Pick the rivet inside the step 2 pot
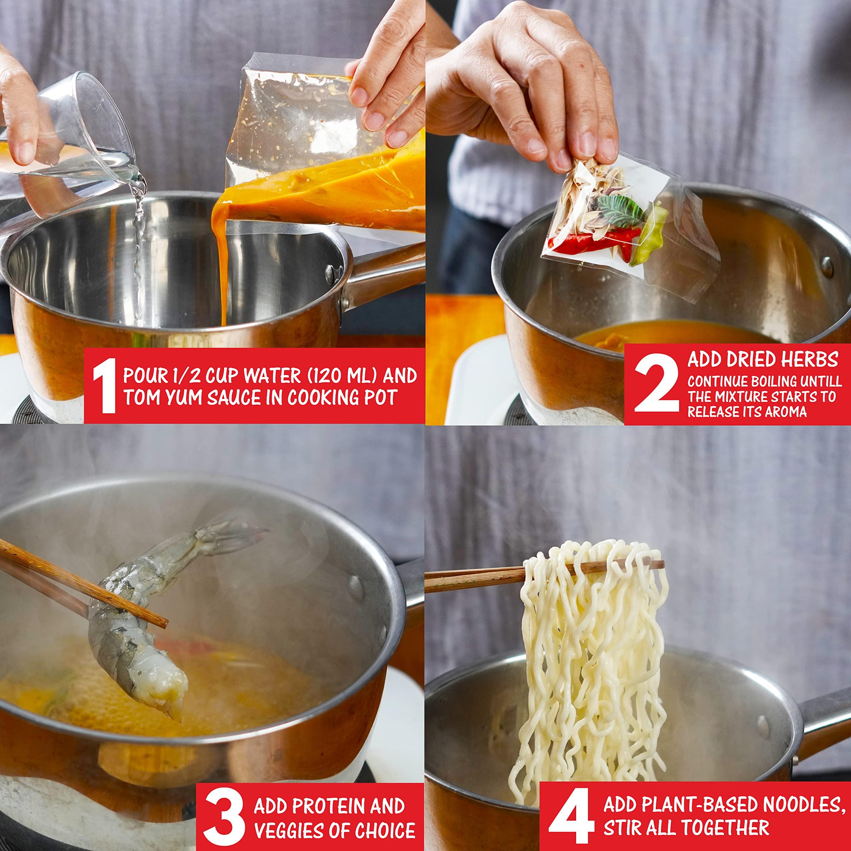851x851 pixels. tap(828, 266)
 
